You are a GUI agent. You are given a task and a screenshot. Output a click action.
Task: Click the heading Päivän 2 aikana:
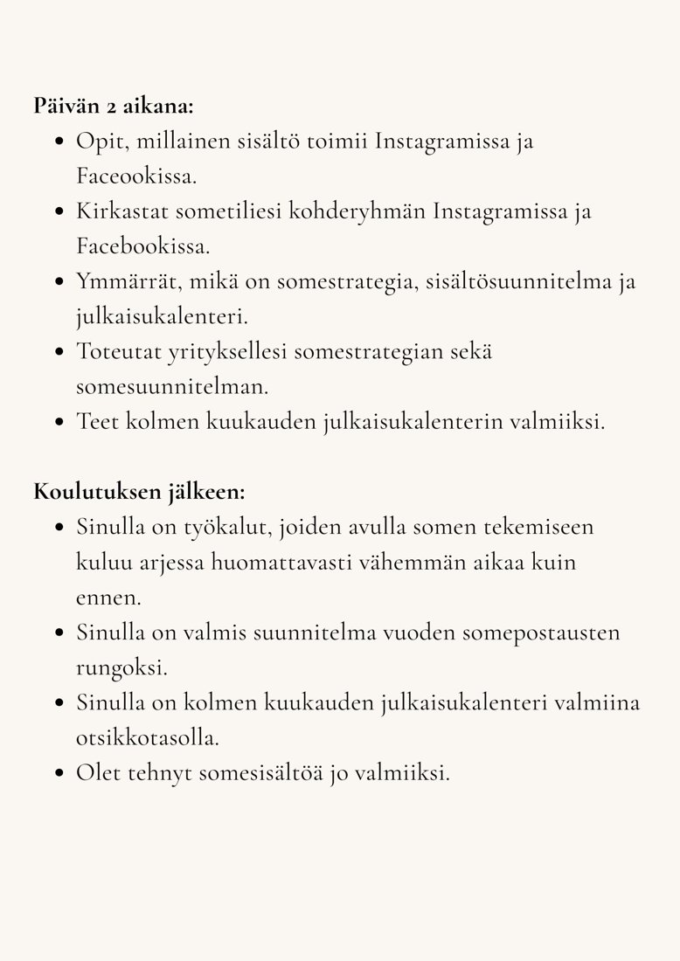point(114,107)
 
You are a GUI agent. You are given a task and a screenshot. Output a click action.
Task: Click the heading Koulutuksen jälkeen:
point(139,492)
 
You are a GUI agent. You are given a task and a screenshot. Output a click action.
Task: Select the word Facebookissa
point(143,246)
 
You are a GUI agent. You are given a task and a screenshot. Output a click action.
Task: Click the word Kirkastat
point(121,211)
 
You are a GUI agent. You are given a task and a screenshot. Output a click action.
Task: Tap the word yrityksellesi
point(234,351)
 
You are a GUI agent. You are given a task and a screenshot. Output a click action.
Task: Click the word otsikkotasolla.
point(147,737)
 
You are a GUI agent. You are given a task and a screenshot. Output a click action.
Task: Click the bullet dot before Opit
point(59,142)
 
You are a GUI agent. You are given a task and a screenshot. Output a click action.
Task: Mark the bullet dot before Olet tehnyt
point(59,773)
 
